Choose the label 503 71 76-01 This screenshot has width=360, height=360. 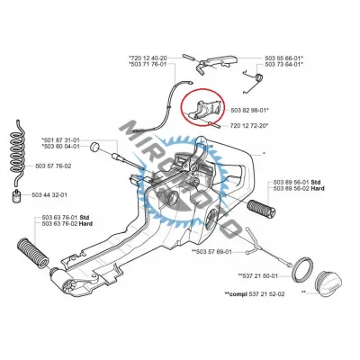148,64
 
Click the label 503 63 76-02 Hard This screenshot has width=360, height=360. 67,224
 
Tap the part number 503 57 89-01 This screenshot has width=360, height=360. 213,251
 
